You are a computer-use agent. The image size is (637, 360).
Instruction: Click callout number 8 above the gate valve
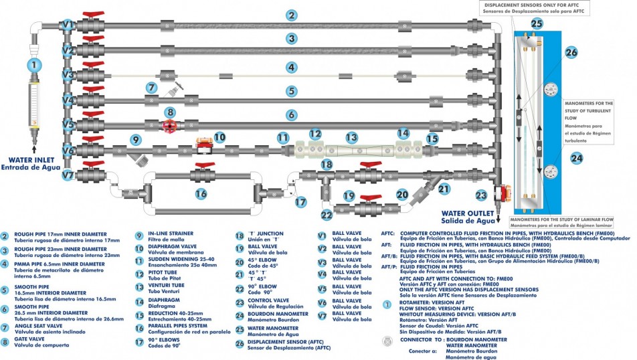pos(171,112)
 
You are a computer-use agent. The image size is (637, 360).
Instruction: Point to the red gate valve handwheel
pos(171,126)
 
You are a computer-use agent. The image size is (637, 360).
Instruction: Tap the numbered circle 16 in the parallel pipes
pos(201,193)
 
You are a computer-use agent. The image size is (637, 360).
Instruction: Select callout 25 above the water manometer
pos(537,23)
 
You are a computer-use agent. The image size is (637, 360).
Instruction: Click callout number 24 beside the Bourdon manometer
pos(576,159)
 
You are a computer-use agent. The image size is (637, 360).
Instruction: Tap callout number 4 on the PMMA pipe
pos(291,67)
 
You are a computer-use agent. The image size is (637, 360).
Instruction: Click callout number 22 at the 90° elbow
pos(326,215)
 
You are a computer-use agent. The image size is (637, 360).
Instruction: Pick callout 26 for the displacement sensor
pos(571,52)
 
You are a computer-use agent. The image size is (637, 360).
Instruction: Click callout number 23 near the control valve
pos(481,195)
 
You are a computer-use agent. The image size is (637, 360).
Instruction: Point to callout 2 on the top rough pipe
pos(291,15)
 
